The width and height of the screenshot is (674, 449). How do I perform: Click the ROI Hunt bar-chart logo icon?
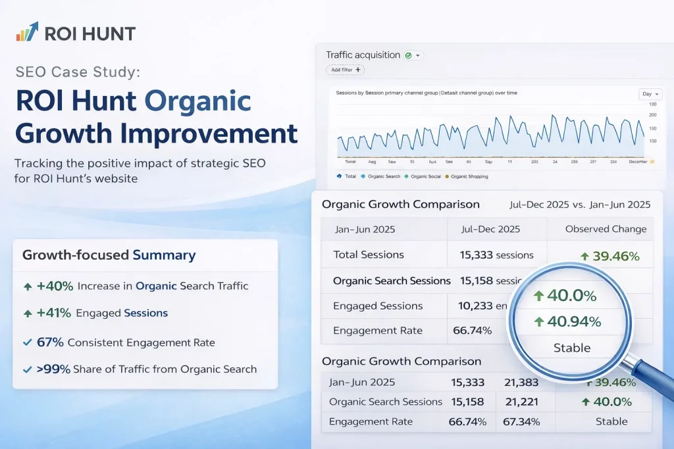(27, 32)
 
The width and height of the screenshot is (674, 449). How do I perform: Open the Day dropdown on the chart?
(650, 94)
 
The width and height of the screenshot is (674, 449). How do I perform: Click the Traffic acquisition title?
(363, 55)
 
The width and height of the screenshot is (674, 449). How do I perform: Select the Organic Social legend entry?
(424, 176)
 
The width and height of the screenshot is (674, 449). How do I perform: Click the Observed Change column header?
(606, 229)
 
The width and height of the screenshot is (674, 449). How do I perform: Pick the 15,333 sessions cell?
(490, 255)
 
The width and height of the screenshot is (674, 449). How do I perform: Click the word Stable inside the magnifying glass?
(572, 348)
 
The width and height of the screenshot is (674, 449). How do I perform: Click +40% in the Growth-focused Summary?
(54, 286)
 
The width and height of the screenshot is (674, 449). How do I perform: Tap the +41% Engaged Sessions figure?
(54, 314)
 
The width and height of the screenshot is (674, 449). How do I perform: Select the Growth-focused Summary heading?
(109, 255)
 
